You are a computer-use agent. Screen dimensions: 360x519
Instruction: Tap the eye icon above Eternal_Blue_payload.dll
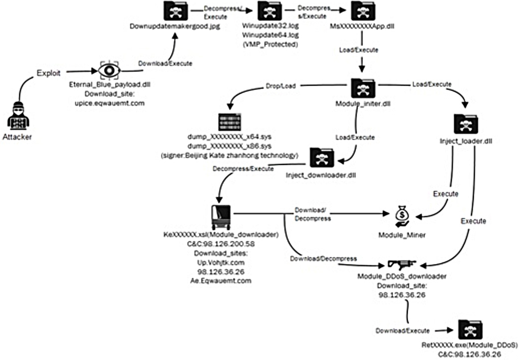(108, 71)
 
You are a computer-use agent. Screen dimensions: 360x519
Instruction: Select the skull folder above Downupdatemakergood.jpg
(176, 12)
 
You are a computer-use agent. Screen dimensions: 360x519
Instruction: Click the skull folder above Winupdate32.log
(270, 12)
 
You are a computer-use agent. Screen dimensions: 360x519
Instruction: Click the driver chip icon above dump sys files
(230, 122)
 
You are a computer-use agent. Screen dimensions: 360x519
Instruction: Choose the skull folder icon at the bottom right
(468, 330)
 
